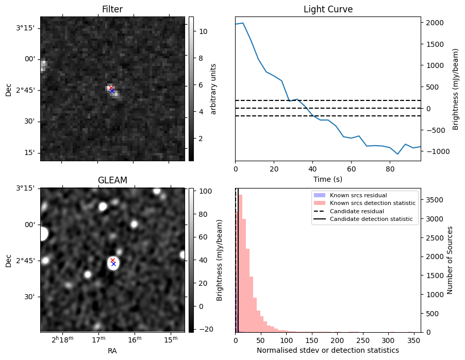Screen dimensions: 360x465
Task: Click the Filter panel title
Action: click(112, 9)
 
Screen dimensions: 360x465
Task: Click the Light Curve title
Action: click(328, 9)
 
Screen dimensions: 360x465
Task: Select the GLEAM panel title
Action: click(112, 180)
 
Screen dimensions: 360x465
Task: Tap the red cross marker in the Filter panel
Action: click(111, 88)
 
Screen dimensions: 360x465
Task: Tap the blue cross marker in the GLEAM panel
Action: click(113, 264)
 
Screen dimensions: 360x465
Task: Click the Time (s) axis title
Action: click(328, 179)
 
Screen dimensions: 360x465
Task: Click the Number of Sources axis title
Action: click(450, 260)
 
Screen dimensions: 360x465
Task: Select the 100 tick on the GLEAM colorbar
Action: click(203, 192)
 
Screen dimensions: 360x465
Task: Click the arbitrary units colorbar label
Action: click(213, 89)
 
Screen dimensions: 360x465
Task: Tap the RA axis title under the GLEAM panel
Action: click(112, 351)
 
